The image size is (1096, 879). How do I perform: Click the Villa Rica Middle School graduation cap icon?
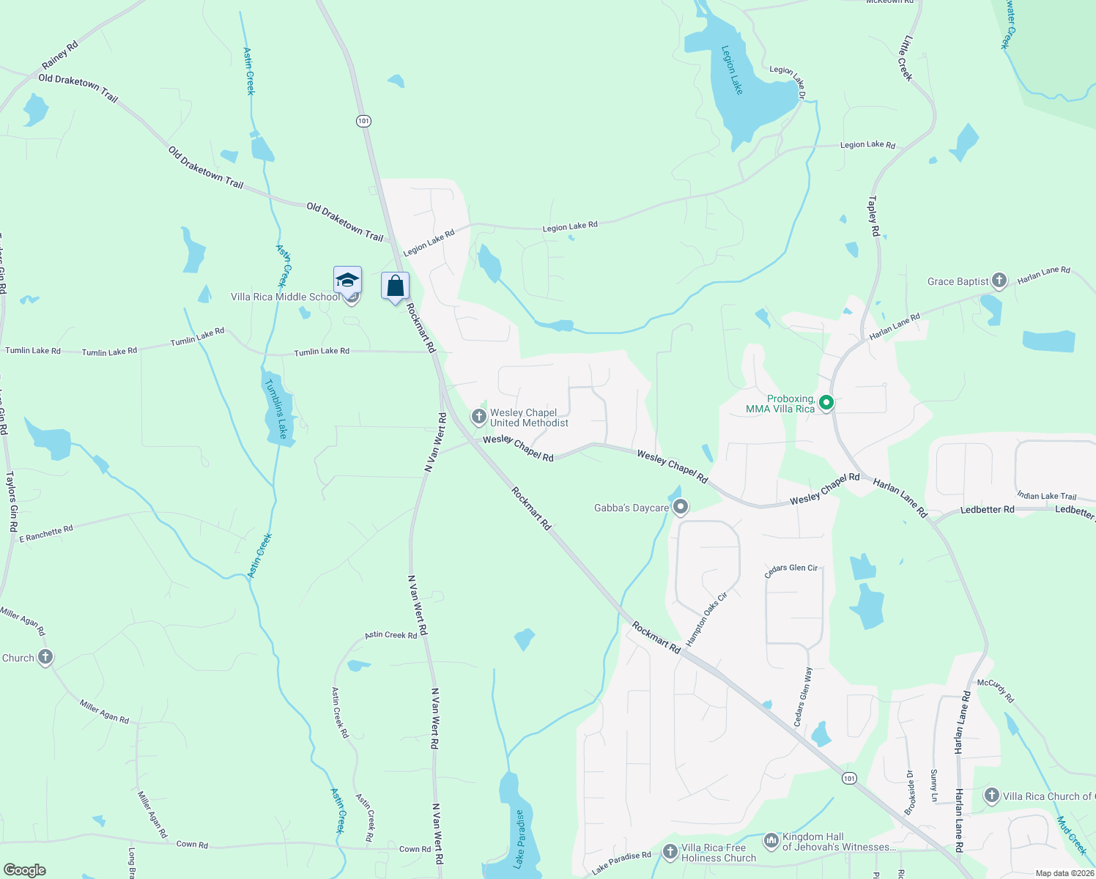click(x=347, y=281)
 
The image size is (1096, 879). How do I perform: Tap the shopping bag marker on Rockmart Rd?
click(x=395, y=286)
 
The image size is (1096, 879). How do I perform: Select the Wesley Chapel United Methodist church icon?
click(x=478, y=418)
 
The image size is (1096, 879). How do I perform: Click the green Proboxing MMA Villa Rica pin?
click(x=826, y=403)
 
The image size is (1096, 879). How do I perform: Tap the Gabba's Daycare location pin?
click(x=681, y=507)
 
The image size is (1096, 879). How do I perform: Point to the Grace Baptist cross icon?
click(x=999, y=281)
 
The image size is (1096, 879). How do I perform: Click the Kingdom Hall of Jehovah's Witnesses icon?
click(x=771, y=841)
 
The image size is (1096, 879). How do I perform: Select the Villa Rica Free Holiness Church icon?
click(x=670, y=852)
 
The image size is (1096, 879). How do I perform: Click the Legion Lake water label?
click(x=732, y=70)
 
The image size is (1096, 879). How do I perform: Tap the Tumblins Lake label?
click(x=277, y=409)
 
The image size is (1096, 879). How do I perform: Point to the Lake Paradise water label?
click(x=519, y=839)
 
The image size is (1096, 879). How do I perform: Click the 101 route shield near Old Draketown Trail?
click(x=364, y=121)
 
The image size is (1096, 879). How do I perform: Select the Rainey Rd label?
click(x=60, y=56)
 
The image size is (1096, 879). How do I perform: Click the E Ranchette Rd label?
click(x=46, y=533)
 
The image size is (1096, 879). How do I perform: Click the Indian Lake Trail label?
click(x=1046, y=496)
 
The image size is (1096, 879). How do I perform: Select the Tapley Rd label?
click(x=873, y=215)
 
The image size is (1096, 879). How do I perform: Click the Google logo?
click(x=24, y=870)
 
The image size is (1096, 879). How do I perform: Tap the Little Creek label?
click(x=906, y=58)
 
